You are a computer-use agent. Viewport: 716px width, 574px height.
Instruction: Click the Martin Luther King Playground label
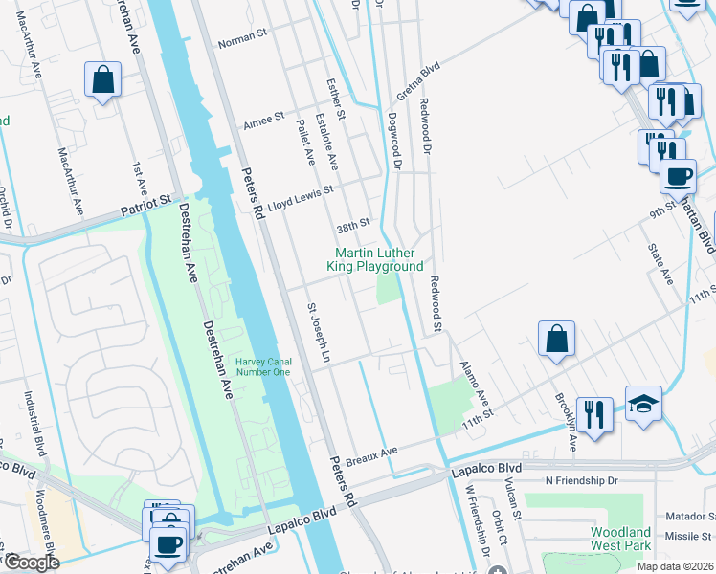[378, 259]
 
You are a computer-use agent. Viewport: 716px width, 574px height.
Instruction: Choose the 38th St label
[352, 226]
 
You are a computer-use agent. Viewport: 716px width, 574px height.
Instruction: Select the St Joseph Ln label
[318, 334]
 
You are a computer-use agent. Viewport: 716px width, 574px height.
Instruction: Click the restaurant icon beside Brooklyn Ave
[594, 415]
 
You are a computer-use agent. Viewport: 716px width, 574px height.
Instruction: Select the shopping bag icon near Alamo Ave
[556, 340]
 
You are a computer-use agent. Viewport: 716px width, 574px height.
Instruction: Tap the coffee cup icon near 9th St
[680, 177]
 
